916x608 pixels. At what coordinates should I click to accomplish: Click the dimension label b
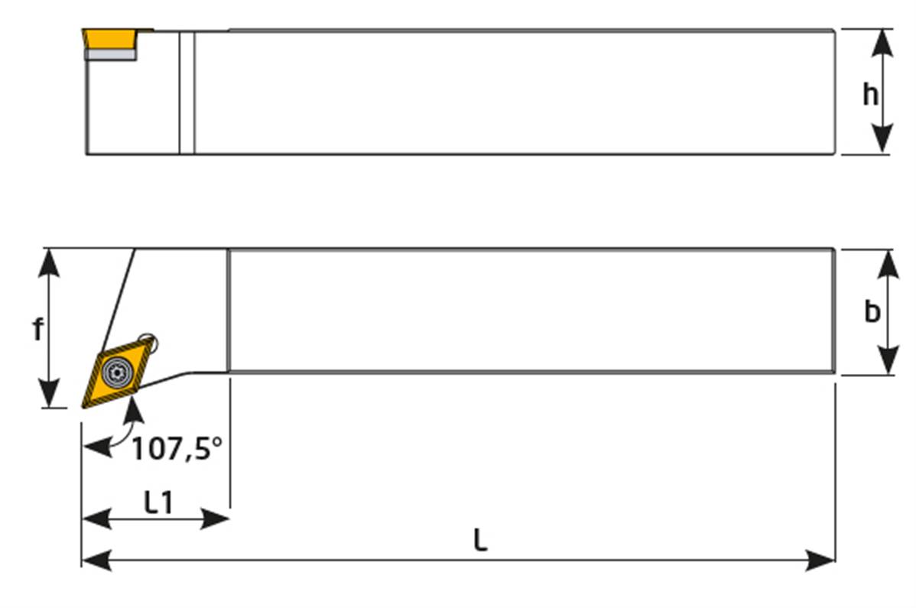coord(872,312)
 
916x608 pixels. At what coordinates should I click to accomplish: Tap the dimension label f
coord(37,329)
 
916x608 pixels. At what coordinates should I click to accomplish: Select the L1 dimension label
coord(158,502)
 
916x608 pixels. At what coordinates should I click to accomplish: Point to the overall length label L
coord(479,541)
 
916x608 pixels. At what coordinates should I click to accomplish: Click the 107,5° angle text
coord(177,449)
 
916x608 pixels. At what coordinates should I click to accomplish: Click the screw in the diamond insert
coord(117,371)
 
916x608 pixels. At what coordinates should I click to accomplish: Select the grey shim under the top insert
coord(111,54)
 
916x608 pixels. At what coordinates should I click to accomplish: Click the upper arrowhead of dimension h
coord(882,41)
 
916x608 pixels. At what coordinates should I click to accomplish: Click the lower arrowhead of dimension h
coord(882,141)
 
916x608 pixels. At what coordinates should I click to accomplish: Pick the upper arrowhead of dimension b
coord(887,261)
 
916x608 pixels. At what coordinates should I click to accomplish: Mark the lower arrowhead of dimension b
coord(887,362)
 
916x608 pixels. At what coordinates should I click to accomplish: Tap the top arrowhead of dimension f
coord(49,260)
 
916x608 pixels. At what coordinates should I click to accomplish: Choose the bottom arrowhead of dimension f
coord(49,395)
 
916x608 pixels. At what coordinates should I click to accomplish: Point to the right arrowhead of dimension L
coord(823,561)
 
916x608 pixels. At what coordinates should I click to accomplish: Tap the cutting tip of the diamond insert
coord(84,406)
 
